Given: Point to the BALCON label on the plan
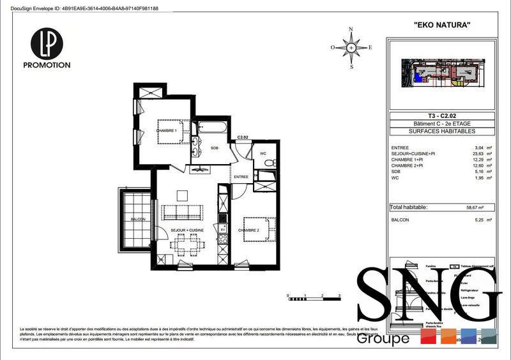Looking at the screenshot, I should click(x=137, y=219).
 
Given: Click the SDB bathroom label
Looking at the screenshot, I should click(x=214, y=148).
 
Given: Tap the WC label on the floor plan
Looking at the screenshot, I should click(x=263, y=154).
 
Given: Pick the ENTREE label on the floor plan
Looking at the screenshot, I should click(x=241, y=177).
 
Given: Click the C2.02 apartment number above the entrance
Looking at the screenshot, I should click(x=243, y=137).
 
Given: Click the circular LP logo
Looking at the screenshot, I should click(x=47, y=42).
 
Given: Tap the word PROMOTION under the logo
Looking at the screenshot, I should click(x=47, y=65).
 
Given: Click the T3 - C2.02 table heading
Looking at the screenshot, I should click(x=442, y=116).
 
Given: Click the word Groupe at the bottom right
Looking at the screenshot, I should click(x=383, y=338).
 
